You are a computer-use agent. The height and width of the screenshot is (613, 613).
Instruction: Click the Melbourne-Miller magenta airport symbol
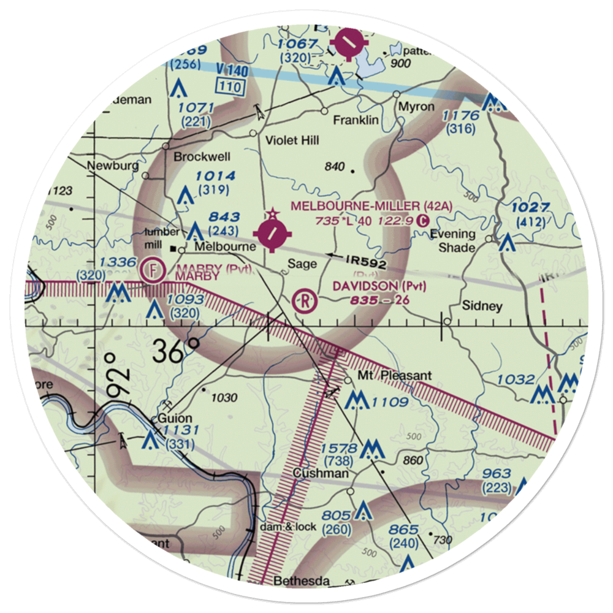coord(272,234)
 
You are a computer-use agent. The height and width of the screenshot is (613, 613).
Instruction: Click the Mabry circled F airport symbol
coord(153,269)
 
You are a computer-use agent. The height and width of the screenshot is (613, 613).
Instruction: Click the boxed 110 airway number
coord(230,87)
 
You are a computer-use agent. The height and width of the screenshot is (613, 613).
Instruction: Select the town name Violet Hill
coord(292,141)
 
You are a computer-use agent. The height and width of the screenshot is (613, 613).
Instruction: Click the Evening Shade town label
coord(452,241)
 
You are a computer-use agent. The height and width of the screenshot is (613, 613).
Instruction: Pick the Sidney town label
coord(483,306)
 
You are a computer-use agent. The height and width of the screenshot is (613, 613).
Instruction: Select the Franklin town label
coord(356,121)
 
